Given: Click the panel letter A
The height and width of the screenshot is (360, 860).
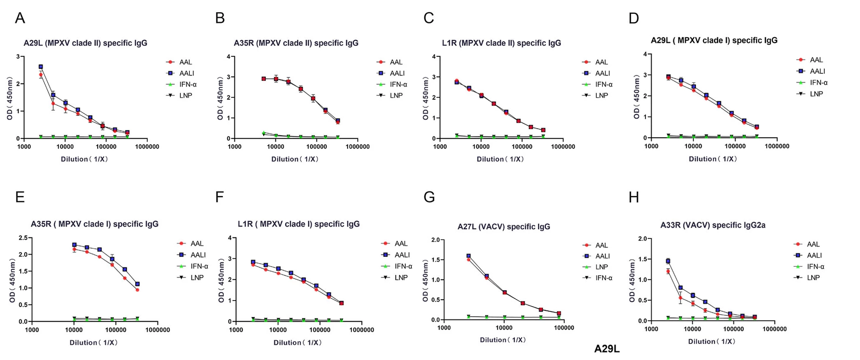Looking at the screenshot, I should pyautogui.click(x=20, y=18).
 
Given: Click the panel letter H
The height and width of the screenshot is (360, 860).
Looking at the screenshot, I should pyautogui.click(x=634, y=198).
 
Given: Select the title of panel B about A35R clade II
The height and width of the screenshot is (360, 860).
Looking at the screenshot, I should pyautogui.click(x=296, y=43).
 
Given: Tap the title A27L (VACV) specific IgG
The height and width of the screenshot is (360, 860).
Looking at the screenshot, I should pyautogui.click(x=503, y=227).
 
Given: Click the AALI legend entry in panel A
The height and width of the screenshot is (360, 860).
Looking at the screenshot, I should pyautogui.click(x=186, y=73).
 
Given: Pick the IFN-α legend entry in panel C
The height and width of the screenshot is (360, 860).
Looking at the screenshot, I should pyautogui.click(x=604, y=85).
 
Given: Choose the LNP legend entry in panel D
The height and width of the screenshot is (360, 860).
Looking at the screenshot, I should pyautogui.click(x=816, y=94).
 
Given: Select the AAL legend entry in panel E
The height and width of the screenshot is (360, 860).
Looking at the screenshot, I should pyautogui.click(x=197, y=244).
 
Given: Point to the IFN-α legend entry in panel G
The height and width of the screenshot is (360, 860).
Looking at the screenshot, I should pyautogui.click(x=604, y=278).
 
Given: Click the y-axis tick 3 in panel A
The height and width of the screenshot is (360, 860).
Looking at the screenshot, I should pyautogui.click(x=18, y=56).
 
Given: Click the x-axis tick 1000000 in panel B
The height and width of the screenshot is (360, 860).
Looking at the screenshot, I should pyautogui.click(x=357, y=147).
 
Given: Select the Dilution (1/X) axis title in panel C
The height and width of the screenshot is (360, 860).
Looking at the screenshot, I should pyautogui.click(x=500, y=159).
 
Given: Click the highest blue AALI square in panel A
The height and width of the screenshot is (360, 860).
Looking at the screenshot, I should pyautogui.click(x=41, y=67).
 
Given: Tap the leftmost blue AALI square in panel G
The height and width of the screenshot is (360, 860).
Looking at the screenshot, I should pyautogui.click(x=468, y=256).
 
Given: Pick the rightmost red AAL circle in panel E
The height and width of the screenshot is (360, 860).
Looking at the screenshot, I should pyautogui.click(x=137, y=290).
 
